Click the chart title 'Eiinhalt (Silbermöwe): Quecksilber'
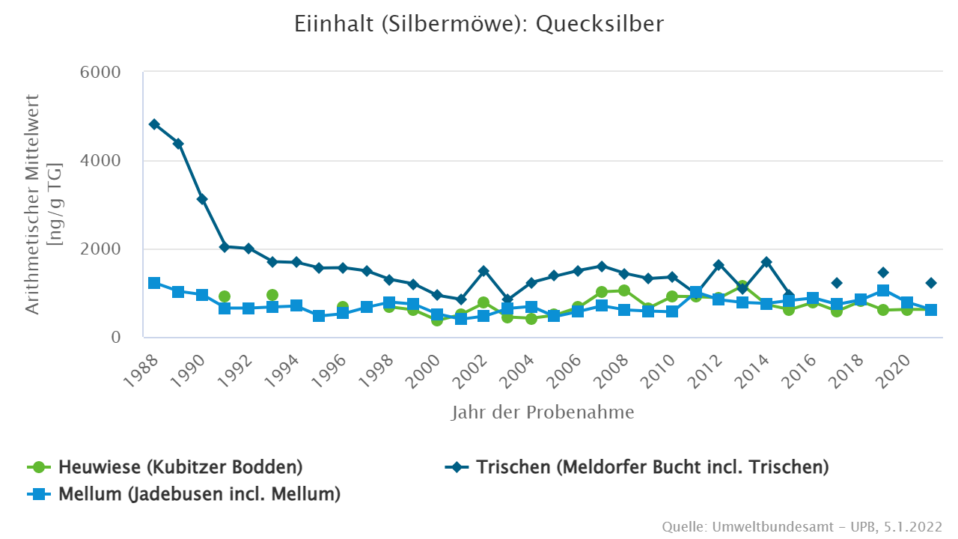[479, 23]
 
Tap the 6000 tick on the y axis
[100, 73]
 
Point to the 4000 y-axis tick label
[100, 161]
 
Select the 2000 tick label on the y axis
[100, 249]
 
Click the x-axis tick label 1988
[144, 368]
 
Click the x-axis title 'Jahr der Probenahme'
[543, 412]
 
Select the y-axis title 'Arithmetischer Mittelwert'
[33, 204]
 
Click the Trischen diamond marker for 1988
[154, 124]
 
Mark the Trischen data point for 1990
[202, 199]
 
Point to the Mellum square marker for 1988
[154, 283]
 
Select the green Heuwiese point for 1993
[272, 295]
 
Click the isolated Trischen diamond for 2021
[931, 283]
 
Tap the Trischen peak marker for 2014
[766, 262]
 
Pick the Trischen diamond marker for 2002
[483, 271]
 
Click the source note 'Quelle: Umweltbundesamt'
[802, 527]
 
